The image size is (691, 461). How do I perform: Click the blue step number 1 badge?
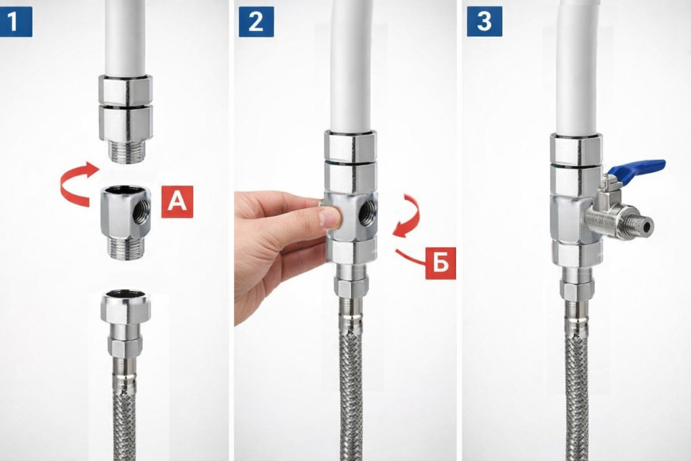click(x=16, y=22)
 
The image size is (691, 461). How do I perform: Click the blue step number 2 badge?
click(x=256, y=22)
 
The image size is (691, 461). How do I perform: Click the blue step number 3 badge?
click(x=485, y=22)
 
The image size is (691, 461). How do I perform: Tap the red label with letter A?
click(x=177, y=202)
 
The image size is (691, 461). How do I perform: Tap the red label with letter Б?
click(x=440, y=263)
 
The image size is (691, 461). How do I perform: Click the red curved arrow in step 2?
click(x=407, y=216)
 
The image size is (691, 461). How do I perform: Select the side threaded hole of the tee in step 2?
click(x=366, y=213)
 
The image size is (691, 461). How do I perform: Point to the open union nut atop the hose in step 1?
click(x=126, y=306)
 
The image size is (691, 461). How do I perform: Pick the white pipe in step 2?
click(x=352, y=66)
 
